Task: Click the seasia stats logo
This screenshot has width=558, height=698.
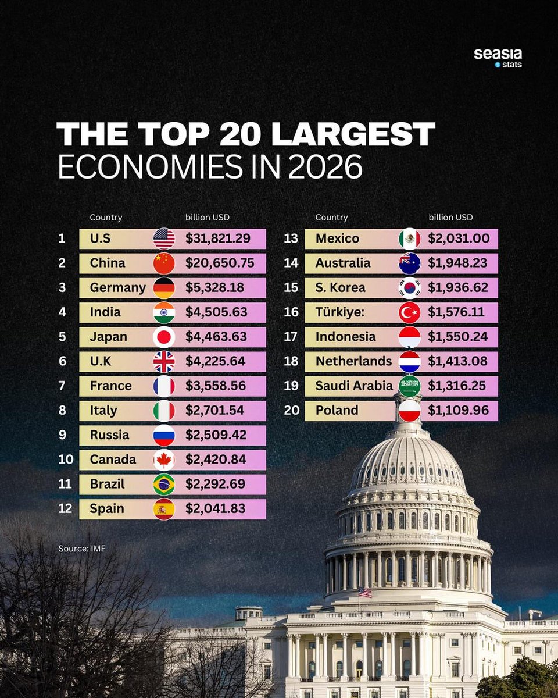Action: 498,58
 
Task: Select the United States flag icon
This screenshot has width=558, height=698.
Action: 164,238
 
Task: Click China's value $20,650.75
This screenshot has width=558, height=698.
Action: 220,263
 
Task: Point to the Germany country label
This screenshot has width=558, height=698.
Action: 117,287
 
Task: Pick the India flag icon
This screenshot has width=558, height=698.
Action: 164,312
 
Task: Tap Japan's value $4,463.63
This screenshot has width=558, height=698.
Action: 216,337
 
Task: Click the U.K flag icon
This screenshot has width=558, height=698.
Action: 164,361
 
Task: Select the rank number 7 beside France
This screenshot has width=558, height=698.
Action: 62,386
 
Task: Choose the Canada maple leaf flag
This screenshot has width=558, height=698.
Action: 164,460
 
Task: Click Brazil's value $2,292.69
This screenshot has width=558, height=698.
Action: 216,484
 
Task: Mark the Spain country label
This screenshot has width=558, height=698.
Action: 107,508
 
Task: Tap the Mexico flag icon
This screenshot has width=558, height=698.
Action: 409,238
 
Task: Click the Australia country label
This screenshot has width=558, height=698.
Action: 343,263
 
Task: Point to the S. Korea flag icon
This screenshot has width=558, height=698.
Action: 409,287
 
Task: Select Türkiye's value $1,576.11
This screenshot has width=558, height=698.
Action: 456,312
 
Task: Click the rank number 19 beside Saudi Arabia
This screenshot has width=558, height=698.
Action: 291,386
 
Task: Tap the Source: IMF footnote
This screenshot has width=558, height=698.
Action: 82,548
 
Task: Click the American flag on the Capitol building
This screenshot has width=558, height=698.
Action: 365,592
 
